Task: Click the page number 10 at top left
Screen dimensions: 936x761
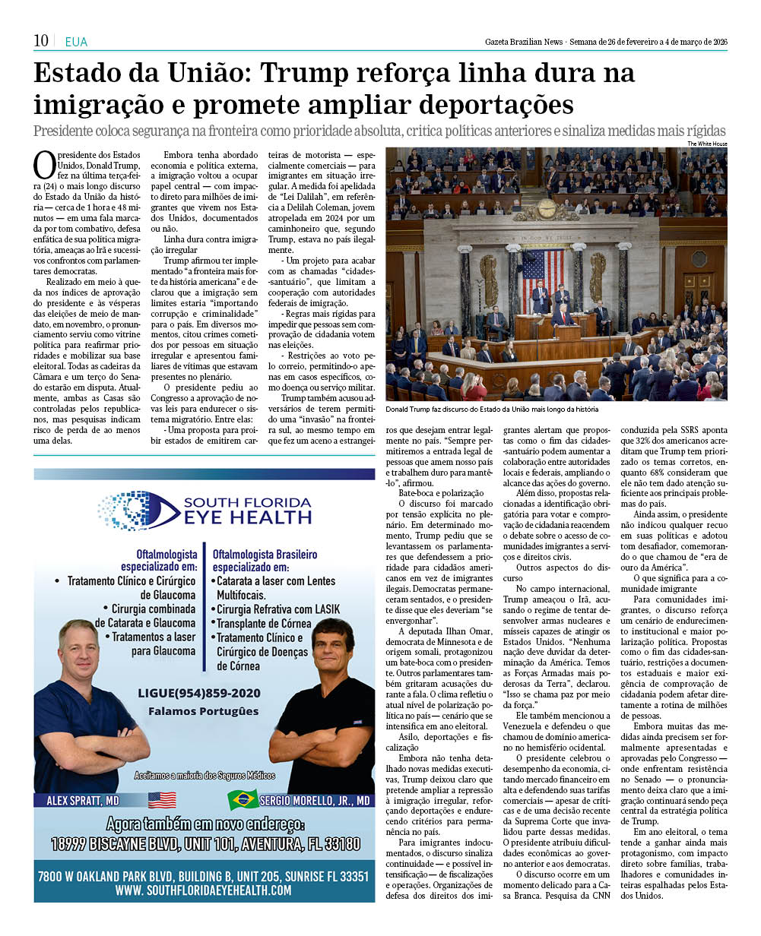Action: [x=41, y=41]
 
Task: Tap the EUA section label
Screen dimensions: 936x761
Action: [x=76, y=43]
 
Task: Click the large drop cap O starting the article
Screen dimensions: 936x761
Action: [x=43, y=163]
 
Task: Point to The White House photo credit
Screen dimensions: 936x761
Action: [x=707, y=144]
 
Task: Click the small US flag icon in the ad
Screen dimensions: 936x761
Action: [x=162, y=799]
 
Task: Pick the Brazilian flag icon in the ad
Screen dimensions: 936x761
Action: [x=243, y=799]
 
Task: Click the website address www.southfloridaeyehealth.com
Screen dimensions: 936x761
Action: [x=204, y=890]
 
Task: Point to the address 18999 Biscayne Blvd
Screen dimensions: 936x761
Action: [x=204, y=843]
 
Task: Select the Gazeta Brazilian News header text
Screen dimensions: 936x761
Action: [x=524, y=41]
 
